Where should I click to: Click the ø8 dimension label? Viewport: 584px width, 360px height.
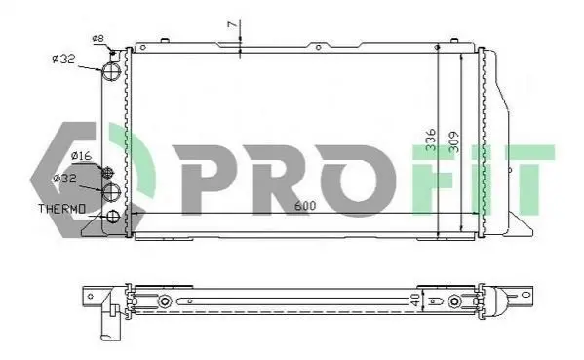(97, 38)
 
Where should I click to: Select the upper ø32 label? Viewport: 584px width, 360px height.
(63, 59)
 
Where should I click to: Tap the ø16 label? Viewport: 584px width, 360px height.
(81, 155)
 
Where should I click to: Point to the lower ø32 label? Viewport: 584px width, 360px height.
(64, 179)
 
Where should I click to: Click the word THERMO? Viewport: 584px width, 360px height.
(62, 209)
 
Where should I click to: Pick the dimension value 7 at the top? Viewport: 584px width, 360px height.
(232, 24)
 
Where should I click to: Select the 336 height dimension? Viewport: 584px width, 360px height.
(431, 140)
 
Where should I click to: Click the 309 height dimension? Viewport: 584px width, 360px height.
(454, 142)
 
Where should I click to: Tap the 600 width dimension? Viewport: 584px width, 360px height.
(305, 205)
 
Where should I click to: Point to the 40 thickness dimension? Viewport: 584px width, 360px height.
(415, 300)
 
